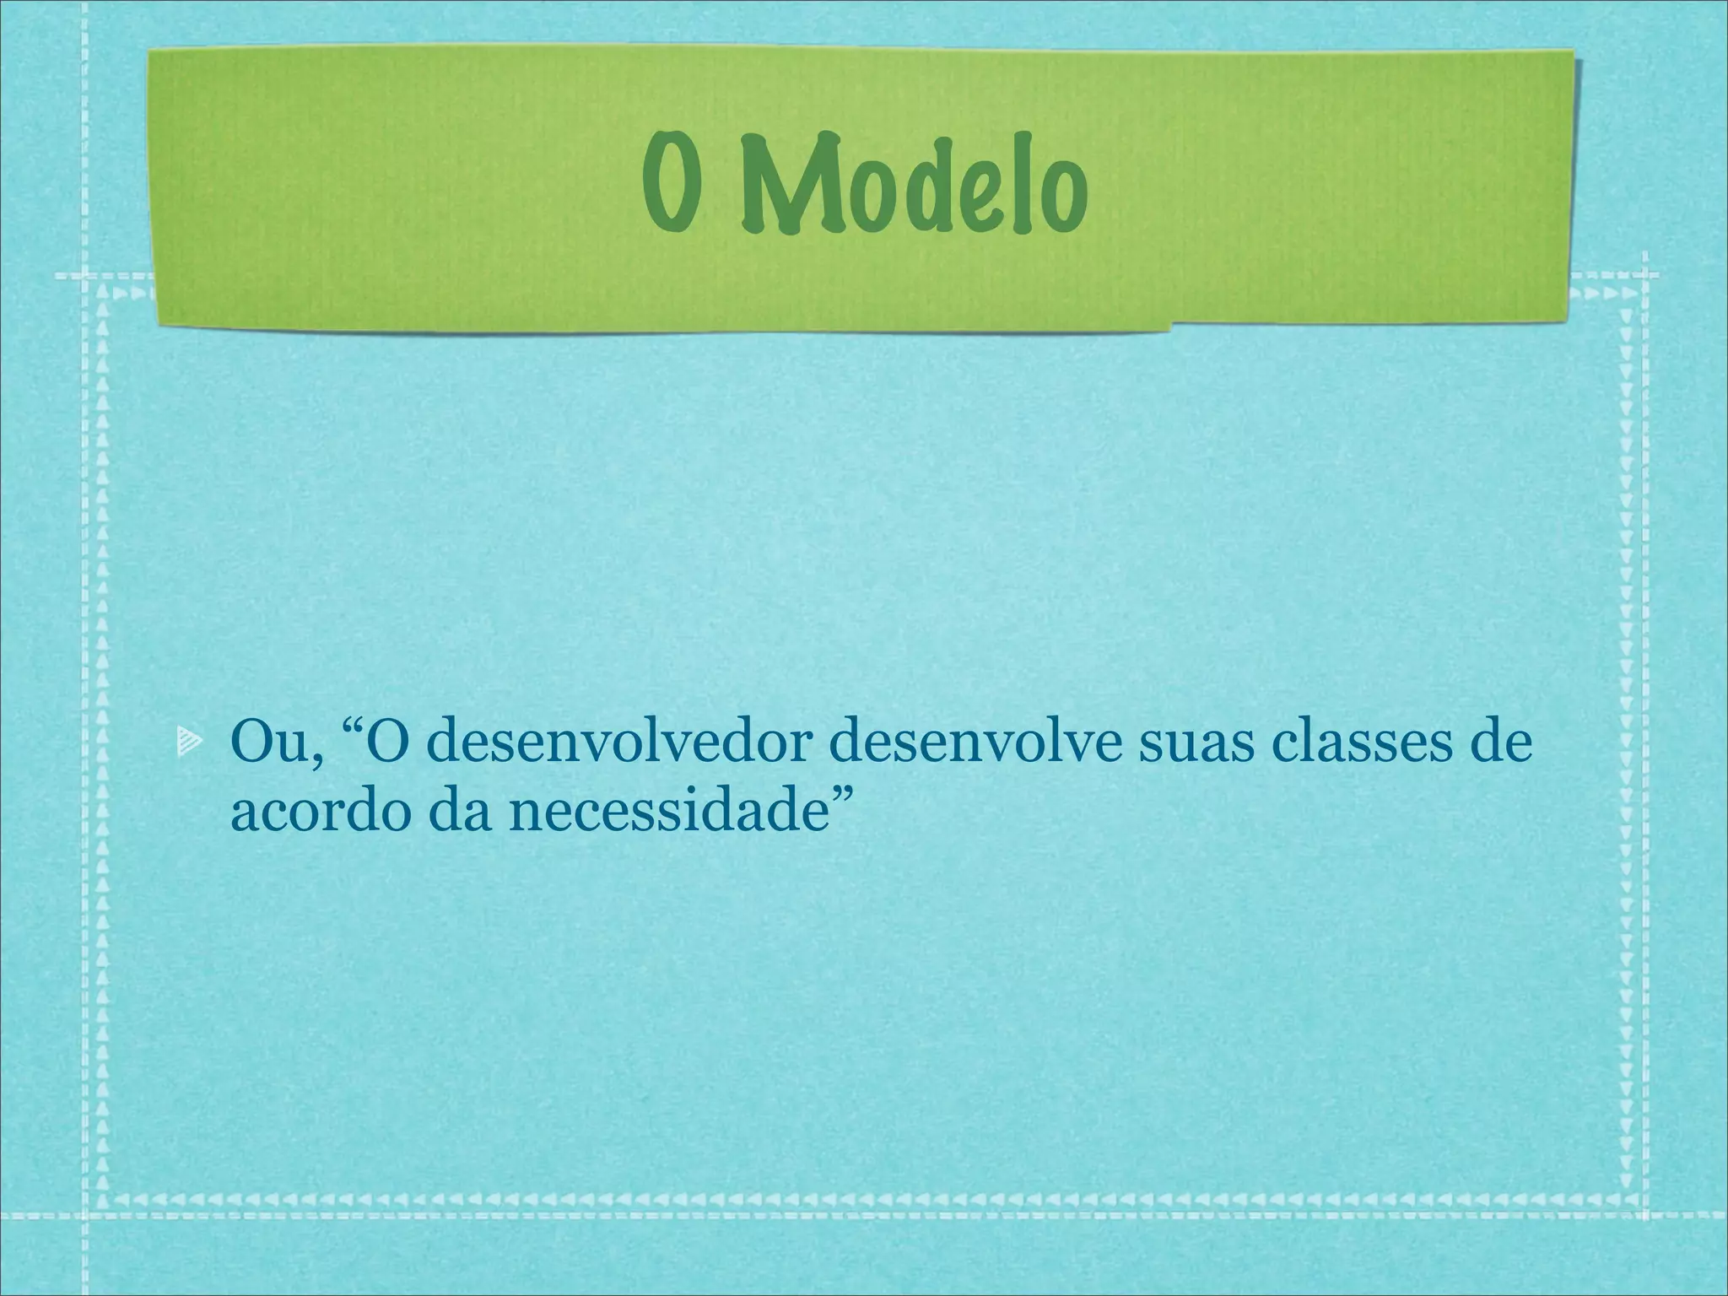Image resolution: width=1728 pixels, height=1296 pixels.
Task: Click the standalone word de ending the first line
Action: point(1495,743)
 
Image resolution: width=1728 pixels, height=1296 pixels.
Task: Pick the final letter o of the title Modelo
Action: point(1060,198)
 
